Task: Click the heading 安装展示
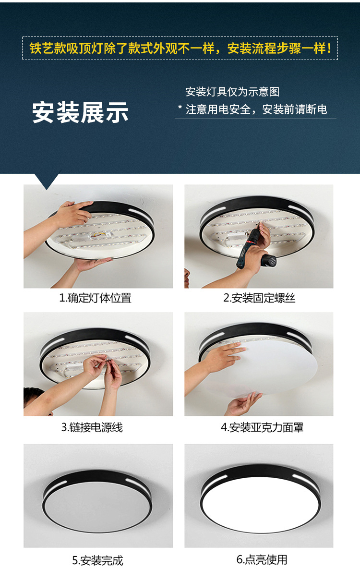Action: pyautogui.click(x=80, y=112)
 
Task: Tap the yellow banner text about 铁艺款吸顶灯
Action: pyautogui.click(x=180, y=48)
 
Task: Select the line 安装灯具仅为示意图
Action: pyautogui.click(x=232, y=92)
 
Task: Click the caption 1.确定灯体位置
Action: pyautogui.click(x=95, y=298)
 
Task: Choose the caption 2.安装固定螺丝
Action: pyautogui.click(x=259, y=298)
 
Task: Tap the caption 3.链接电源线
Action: pyautogui.click(x=92, y=427)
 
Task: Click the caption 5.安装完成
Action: pyautogui.click(x=97, y=560)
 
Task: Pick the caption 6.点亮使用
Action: pyautogui.click(x=262, y=560)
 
